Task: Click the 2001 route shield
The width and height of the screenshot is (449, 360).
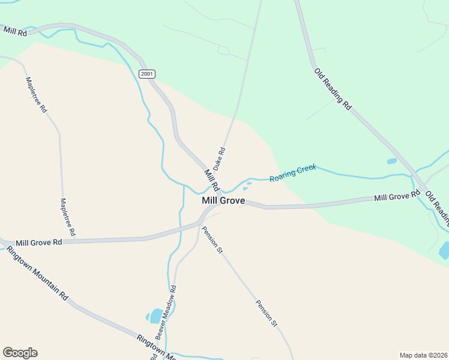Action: click(147, 74)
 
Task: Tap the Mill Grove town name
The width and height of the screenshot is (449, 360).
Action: click(223, 201)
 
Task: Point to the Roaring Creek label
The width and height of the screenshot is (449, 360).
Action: click(292, 174)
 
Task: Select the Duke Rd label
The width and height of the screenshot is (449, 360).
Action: click(219, 157)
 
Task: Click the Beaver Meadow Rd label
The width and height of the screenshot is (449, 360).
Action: click(166, 311)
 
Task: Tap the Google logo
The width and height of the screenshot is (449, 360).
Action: click(20, 353)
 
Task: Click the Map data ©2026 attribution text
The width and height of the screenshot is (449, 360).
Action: click(423, 355)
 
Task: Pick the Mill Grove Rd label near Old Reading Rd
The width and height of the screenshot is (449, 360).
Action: click(397, 196)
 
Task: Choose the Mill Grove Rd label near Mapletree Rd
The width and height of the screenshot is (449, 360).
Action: click(39, 243)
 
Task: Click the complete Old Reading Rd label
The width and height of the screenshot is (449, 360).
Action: click(333, 88)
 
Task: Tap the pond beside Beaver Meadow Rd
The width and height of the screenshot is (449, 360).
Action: click(155, 316)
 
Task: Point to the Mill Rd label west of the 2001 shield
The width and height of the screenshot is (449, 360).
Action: click(15, 32)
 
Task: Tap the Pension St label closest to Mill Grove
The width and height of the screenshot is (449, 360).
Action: click(212, 239)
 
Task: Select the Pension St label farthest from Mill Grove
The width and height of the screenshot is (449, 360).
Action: click(267, 313)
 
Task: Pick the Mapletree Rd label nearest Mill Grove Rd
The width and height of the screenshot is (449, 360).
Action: click(67, 216)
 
